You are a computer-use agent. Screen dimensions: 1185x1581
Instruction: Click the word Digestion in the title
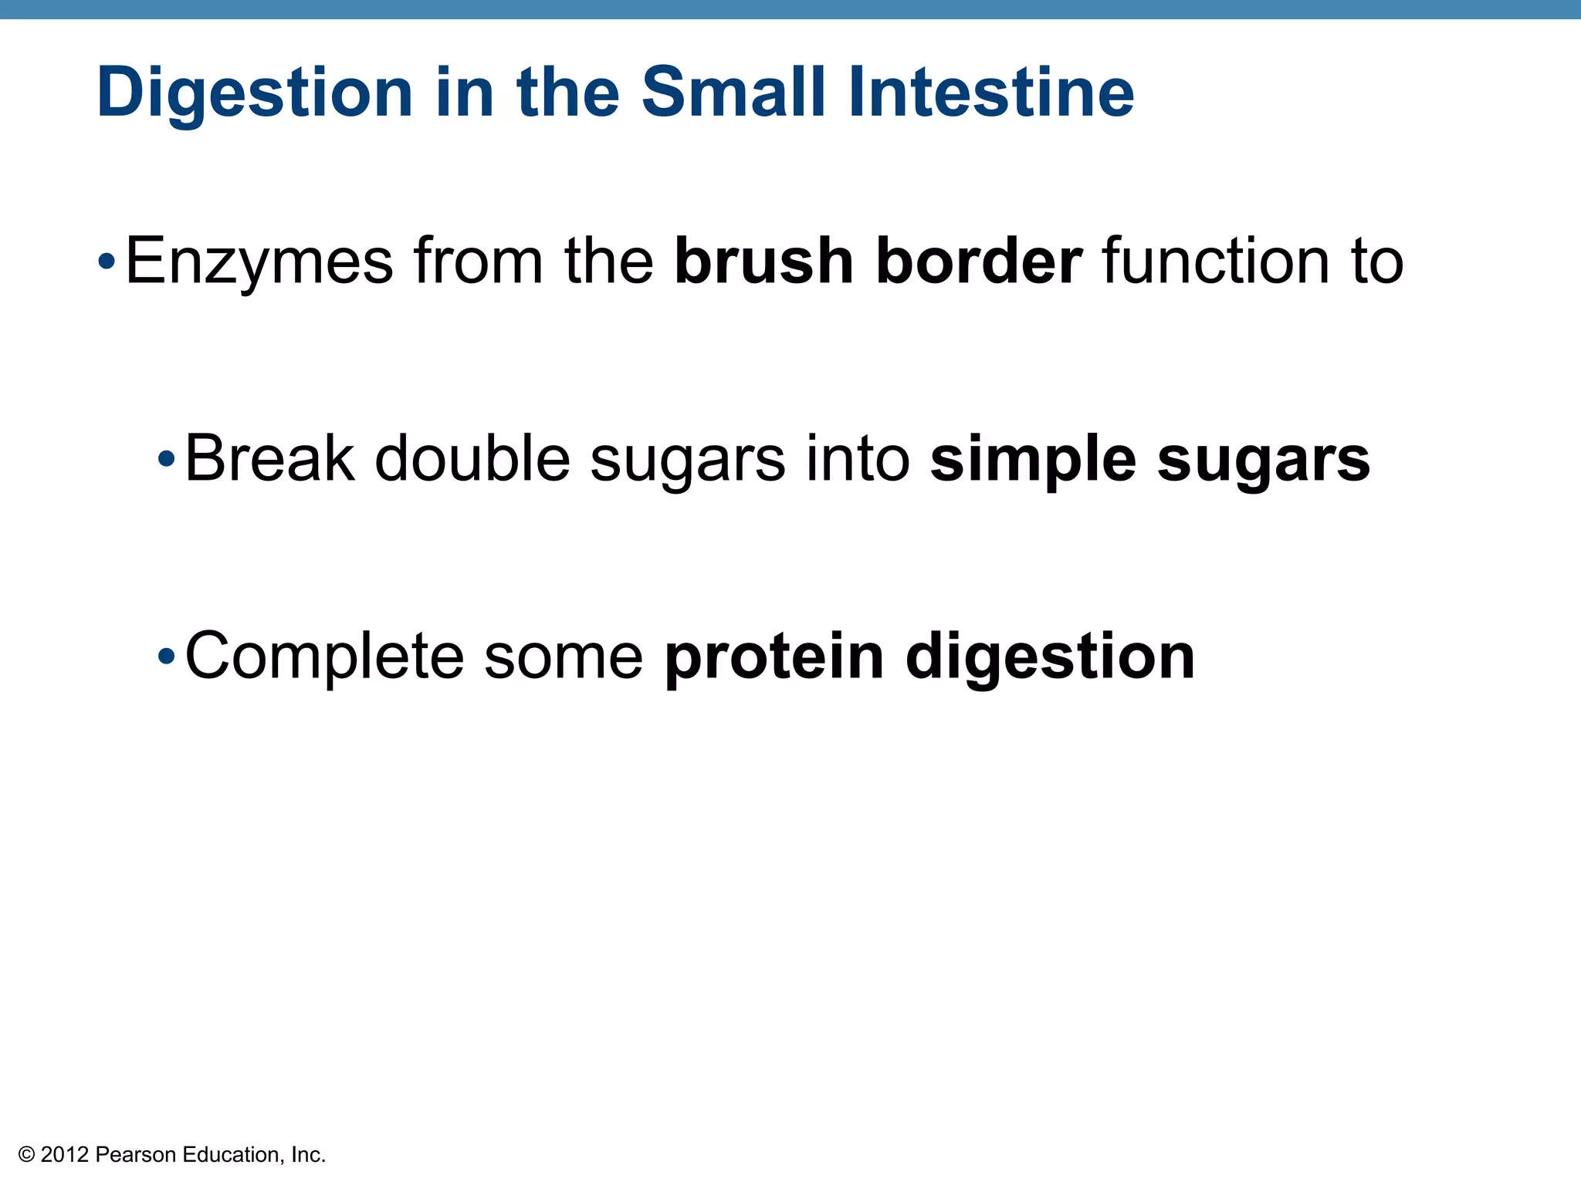(255, 93)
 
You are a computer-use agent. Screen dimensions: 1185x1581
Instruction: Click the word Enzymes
(259, 262)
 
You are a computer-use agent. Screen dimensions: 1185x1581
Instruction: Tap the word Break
(269, 458)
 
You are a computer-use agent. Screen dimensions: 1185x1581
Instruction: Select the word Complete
(324, 657)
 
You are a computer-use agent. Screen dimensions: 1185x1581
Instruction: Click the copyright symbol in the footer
(27, 1155)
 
